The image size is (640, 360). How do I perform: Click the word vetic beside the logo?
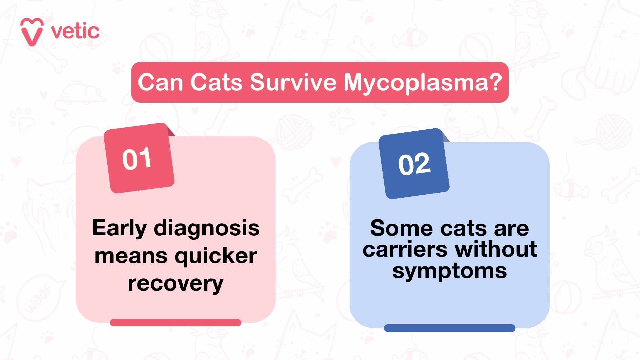pyautogui.click(x=75, y=31)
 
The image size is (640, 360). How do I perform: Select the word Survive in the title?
pyautogui.click(x=293, y=82)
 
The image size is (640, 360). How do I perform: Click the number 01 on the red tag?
pyautogui.click(x=137, y=158)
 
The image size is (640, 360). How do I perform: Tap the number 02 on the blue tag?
pyautogui.click(x=414, y=164)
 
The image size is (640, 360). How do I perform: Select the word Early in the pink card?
pyautogui.click(x=119, y=228)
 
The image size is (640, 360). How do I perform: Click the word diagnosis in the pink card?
pyautogui.click(x=207, y=228)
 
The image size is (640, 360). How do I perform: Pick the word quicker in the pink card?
pyautogui.click(x=216, y=256)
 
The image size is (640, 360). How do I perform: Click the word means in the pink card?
pyautogui.click(x=131, y=256)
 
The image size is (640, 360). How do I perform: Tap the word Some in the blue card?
pyautogui.click(x=401, y=228)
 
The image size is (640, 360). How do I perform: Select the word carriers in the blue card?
pyautogui.click(x=405, y=250)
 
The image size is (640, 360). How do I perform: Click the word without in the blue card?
pyautogui.click(x=496, y=250)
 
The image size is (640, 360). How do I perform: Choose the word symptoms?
pyautogui.click(x=449, y=271)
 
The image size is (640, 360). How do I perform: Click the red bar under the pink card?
pyautogui.click(x=175, y=323)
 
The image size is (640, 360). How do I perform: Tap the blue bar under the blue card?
pyautogui.click(x=449, y=328)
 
